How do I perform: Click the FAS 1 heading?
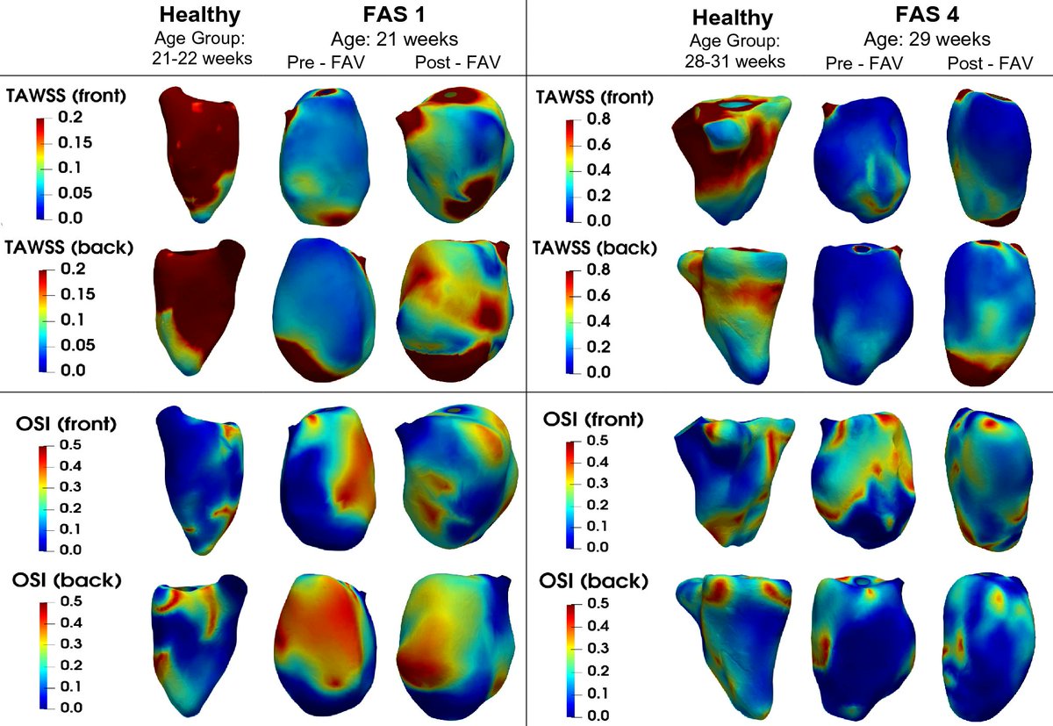393,16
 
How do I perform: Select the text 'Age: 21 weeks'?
394,40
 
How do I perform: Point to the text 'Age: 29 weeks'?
928,40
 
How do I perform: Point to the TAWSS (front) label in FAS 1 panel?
68,97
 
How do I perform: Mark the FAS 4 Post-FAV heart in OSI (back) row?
985,645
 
